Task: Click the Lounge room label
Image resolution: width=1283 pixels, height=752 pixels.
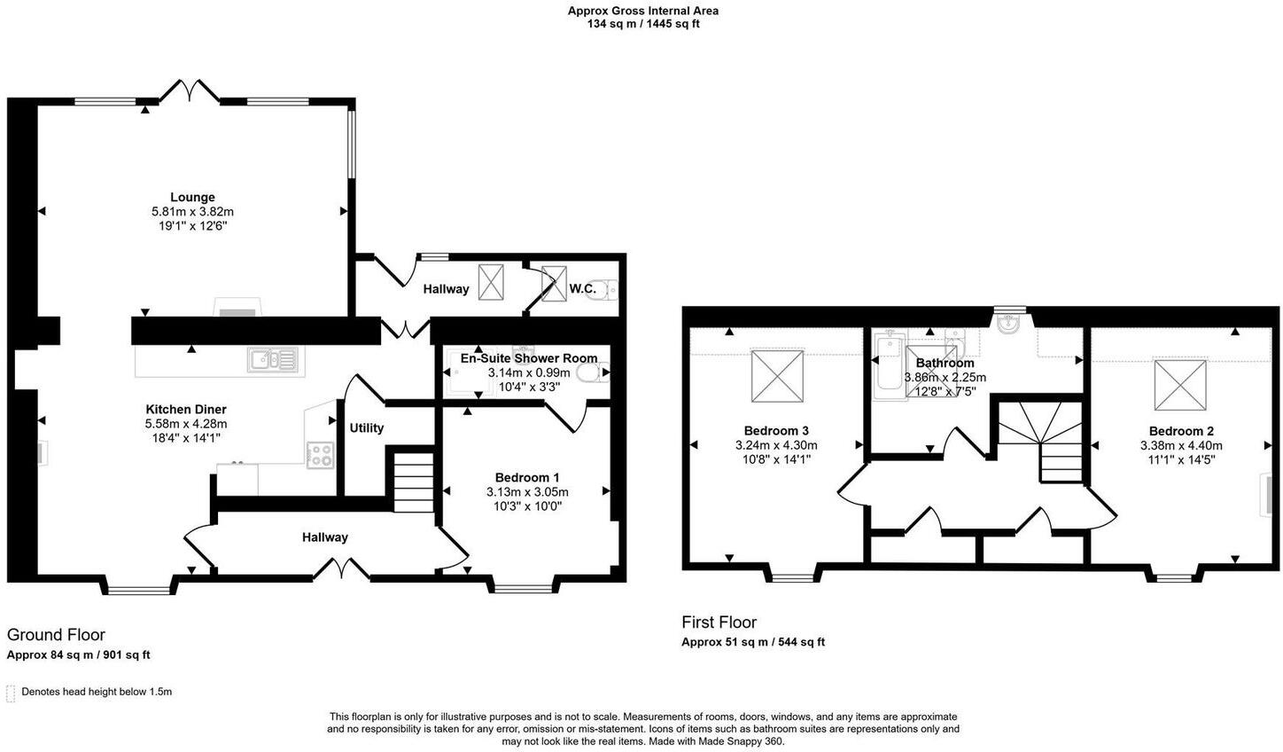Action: [x=192, y=197]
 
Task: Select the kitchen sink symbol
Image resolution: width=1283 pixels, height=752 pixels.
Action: [x=273, y=359]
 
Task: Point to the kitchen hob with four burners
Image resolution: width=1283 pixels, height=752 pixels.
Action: [x=320, y=455]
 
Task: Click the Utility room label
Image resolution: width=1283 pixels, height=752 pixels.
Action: [x=366, y=428]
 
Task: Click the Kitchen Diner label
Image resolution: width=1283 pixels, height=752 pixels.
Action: [x=186, y=410]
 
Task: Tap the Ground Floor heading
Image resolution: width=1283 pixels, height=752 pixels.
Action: [x=56, y=635]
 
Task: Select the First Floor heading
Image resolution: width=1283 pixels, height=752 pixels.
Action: [x=719, y=623]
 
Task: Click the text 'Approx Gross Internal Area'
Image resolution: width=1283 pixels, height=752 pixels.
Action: [x=643, y=11]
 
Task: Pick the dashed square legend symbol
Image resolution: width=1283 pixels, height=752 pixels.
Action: [x=11, y=693]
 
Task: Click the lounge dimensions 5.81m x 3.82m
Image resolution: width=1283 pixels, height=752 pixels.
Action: [x=192, y=212]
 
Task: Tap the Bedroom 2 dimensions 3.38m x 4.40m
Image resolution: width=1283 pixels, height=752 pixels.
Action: [x=1180, y=446]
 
